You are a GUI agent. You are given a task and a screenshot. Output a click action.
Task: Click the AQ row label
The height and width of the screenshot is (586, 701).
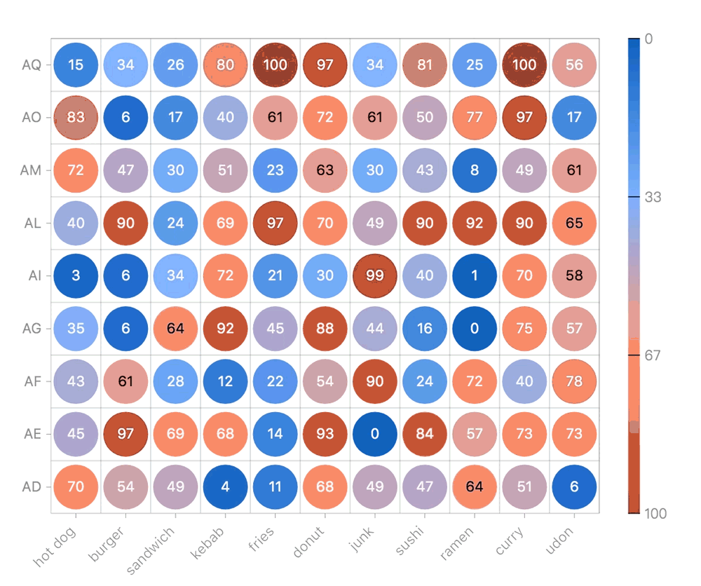[32, 65]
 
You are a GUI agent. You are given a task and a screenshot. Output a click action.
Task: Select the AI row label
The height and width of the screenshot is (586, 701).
[34, 275]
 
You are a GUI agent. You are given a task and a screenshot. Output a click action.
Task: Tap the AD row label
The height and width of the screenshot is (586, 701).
[32, 486]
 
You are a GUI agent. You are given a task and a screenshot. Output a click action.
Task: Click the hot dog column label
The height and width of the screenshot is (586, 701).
[55, 547]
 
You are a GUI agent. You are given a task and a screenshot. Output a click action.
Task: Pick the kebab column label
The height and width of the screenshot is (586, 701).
[208, 545]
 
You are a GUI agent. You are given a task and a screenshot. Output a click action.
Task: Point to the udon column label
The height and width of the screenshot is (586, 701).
[559, 543]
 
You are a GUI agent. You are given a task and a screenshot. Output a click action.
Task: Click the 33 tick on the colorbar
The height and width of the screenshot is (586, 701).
[653, 198]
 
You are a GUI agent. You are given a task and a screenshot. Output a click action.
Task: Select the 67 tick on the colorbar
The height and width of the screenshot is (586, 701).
[653, 356]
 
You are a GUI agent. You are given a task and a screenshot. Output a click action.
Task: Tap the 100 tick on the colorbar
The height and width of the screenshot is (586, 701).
[655, 514]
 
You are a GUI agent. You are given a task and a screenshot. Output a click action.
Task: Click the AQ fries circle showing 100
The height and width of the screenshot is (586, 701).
[275, 65]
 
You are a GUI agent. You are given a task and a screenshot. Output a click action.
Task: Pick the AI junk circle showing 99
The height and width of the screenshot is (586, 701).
[375, 275]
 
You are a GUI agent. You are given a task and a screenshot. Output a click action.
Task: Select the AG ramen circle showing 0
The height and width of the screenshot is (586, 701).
[475, 328]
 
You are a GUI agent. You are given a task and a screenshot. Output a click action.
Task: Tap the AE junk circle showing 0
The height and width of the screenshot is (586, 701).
[375, 433]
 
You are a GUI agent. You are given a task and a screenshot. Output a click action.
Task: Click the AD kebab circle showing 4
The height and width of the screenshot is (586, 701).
[226, 486]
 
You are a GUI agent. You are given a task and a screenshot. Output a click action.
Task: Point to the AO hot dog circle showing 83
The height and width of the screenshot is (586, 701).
[76, 118]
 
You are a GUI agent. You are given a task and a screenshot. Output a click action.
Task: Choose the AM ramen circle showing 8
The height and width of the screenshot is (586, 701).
[475, 170]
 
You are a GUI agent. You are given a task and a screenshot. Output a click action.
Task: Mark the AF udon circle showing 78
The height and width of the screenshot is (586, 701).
[574, 381]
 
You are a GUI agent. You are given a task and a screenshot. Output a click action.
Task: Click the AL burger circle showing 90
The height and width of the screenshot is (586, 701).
[125, 223]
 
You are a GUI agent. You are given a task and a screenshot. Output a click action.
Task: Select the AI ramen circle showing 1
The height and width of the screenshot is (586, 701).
[475, 275]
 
